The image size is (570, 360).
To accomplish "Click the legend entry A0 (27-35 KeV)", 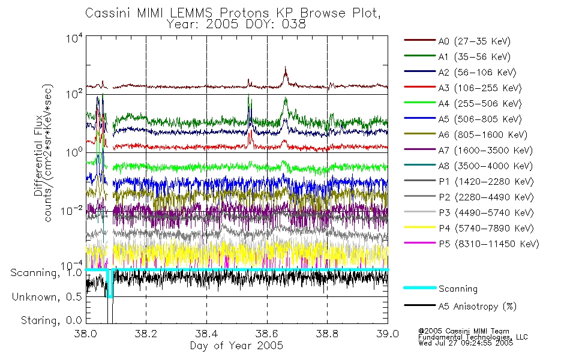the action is coord(457,41).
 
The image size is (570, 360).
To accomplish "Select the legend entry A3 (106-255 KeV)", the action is coord(463,88).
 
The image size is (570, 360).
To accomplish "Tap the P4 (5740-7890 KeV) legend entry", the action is coord(469,229).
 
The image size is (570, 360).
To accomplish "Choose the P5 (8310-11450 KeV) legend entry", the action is coord(472,244).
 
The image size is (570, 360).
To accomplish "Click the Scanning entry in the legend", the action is coord(440,289).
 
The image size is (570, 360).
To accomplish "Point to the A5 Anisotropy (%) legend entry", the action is coord(460,307).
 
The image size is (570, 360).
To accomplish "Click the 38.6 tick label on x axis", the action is coord(267,334).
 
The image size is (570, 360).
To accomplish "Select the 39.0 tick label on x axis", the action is coord(388,334).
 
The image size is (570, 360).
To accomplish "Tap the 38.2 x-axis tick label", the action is coord(146,334).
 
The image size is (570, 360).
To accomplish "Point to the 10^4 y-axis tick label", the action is coord(74,38).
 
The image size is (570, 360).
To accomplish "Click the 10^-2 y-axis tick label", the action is coord(71,211).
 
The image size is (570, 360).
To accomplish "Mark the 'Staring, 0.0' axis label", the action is coord(52,320).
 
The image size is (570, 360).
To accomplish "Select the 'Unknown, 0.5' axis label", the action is coord(47,297).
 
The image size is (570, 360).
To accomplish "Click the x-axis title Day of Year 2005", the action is coord(236,346).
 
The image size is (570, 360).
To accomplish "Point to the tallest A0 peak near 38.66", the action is coord(286,67).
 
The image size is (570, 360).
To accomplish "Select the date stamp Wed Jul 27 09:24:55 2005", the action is coord(466,343).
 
